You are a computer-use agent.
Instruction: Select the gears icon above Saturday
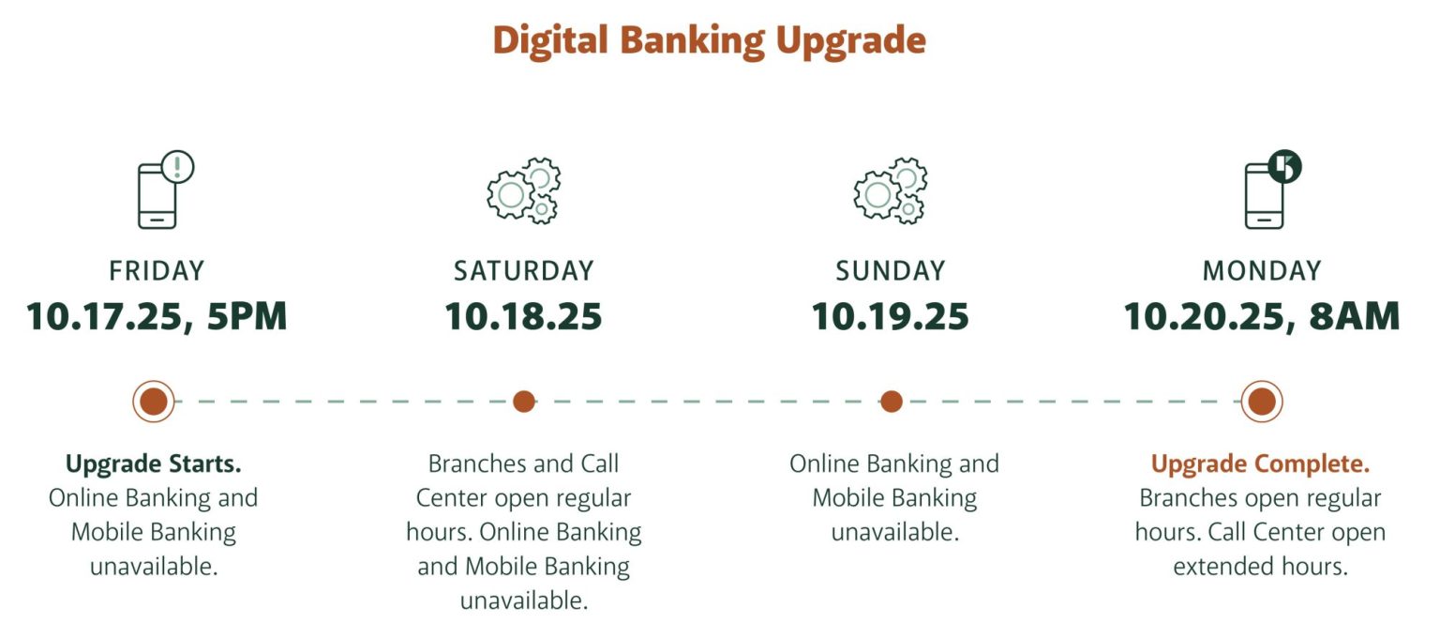(x=523, y=190)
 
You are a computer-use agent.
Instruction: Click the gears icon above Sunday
(x=890, y=190)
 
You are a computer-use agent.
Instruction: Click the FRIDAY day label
(x=157, y=271)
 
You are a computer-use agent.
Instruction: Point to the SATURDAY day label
(x=523, y=271)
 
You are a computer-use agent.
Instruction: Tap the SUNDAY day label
(x=890, y=271)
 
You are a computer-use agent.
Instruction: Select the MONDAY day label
(x=1261, y=271)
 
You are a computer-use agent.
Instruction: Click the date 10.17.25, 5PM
(x=157, y=316)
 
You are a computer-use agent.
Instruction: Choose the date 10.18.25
(x=523, y=316)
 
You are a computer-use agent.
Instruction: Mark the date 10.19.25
(x=890, y=316)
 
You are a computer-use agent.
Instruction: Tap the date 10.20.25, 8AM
(x=1261, y=316)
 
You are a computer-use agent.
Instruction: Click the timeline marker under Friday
(x=154, y=402)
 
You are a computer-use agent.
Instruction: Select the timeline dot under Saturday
(x=524, y=402)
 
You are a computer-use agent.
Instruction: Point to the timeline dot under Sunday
(x=892, y=402)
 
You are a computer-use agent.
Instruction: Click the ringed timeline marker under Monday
(x=1262, y=402)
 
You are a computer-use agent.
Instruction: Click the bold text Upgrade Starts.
(x=154, y=463)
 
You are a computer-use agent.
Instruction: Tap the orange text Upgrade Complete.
(x=1260, y=463)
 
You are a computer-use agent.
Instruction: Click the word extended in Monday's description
(x=1219, y=567)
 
